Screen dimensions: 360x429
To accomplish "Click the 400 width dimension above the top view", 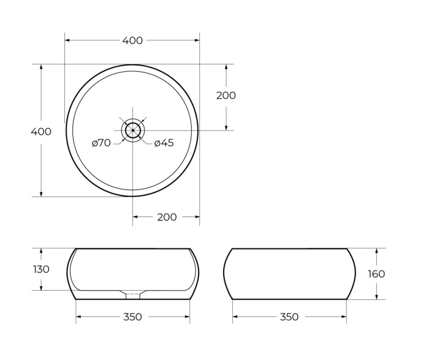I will click(x=132, y=40).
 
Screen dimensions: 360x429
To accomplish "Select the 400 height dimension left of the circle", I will click(x=41, y=131).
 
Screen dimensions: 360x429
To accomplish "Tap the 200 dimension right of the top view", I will click(x=226, y=96).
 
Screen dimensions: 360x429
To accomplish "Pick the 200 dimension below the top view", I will click(x=167, y=217).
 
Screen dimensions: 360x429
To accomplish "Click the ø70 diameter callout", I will click(x=101, y=143).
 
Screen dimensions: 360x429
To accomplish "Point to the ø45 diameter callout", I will click(x=164, y=143).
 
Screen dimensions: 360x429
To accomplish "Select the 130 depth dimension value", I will click(x=41, y=269).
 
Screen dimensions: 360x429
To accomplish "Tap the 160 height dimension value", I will click(x=376, y=274).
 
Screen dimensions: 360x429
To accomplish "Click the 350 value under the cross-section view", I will click(x=132, y=317).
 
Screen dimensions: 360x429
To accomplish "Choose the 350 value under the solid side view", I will click(x=289, y=317).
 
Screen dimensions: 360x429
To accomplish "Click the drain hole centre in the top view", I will click(x=132, y=130).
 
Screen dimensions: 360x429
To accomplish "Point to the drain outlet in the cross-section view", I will click(x=132, y=295).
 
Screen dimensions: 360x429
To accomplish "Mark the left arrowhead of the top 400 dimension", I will click(x=67, y=40).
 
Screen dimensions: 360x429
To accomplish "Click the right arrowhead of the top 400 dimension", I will click(x=197, y=40).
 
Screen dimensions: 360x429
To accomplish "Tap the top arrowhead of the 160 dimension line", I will click(x=376, y=251).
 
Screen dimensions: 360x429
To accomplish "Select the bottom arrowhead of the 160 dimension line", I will click(x=376, y=297).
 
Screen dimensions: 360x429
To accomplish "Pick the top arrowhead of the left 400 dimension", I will click(x=41, y=67).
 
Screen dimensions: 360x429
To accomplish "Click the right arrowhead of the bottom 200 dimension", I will click(x=197, y=216).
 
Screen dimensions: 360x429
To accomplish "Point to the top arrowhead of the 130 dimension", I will click(x=41, y=251).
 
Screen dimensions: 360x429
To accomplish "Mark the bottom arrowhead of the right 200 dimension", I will click(x=226, y=127).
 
